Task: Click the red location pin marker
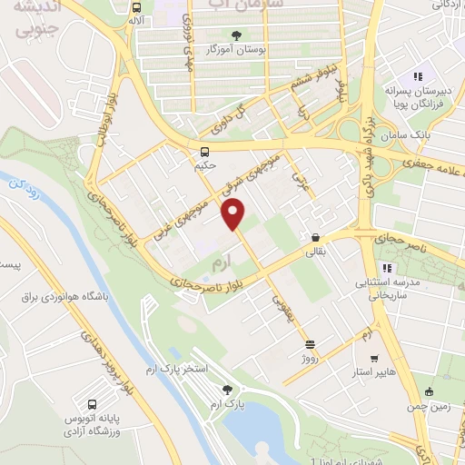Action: pyautogui.click(x=235, y=214)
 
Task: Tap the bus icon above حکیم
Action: pyautogui.click(x=205, y=152)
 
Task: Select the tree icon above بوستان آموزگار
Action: pyautogui.click(x=237, y=35)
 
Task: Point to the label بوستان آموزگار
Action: pyautogui.click(x=237, y=49)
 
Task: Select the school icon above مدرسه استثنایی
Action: pyautogui.click(x=385, y=268)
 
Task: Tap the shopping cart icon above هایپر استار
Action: pyautogui.click(x=366, y=358)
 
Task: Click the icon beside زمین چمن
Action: pyautogui.click(x=429, y=391)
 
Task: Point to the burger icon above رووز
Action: pyautogui.click(x=310, y=344)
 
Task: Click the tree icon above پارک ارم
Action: pyautogui.click(x=216, y=388)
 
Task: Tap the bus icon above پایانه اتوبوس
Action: pyautogui.click(x=92, y=403)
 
